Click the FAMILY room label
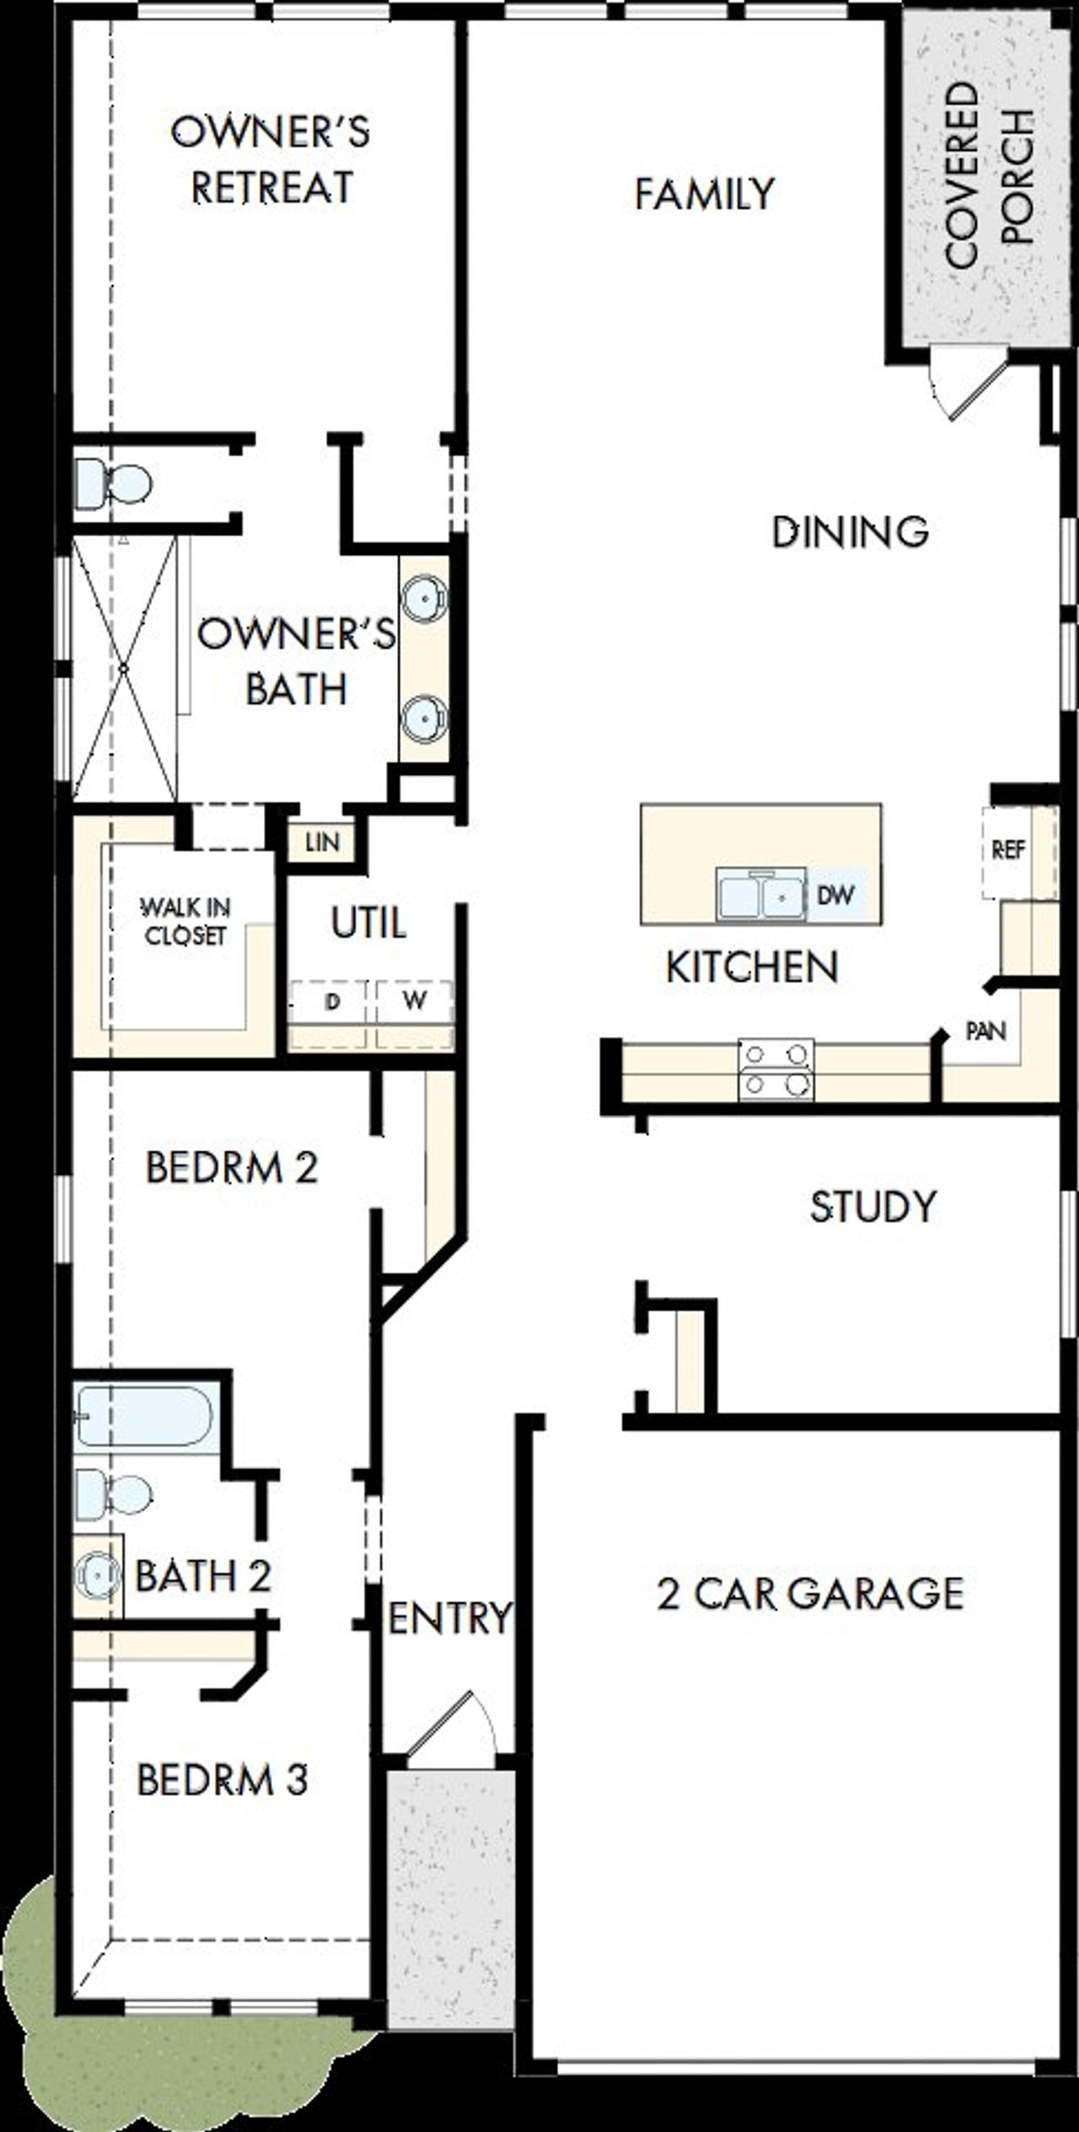[x=704, y=194]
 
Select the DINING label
[x=850, y=531]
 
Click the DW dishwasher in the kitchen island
[x=835, y=894]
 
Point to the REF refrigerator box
[x=1008, y=850]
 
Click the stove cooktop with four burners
[x=776, y=1070]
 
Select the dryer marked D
[x=332, y=1001]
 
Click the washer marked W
[x=414, y=1001]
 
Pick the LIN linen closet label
[x=322, y=842]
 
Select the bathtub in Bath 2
[x=145, y=1417]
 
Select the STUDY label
[x=872, y=1207]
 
